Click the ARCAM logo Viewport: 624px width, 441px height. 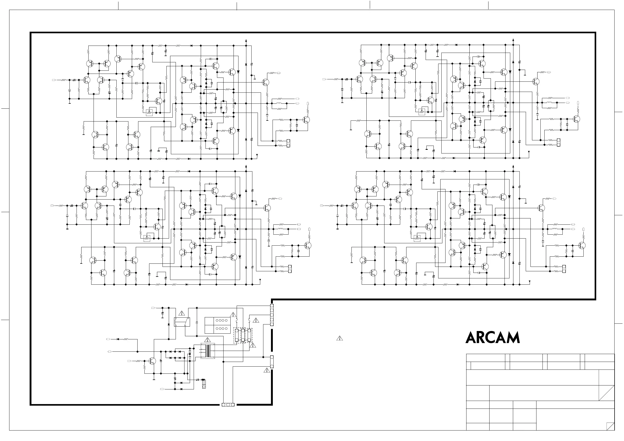pos(492,338)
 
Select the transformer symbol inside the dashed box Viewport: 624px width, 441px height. pos(208,351)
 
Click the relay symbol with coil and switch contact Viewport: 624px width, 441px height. pos(182,322)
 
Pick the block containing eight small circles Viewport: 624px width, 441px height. pos(218,325)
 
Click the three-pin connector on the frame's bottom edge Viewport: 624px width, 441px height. pos(228,405)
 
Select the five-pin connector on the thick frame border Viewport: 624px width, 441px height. pos(272,315)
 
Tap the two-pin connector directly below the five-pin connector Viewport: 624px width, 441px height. pos(272,362)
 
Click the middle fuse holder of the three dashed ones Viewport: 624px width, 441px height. pos(243,336)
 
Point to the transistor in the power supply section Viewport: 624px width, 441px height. pos(152,361)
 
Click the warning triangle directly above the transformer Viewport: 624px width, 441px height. pos(208,340)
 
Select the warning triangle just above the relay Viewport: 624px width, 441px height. pos(182,313)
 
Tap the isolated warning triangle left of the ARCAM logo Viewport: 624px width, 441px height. pos(339,338)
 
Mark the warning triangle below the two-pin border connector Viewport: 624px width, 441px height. pos(267,370)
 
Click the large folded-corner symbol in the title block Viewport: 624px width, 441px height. pos(606,393)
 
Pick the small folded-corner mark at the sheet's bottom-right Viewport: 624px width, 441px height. pos(610,426)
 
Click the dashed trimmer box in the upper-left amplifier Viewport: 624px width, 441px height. pos(149,112)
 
